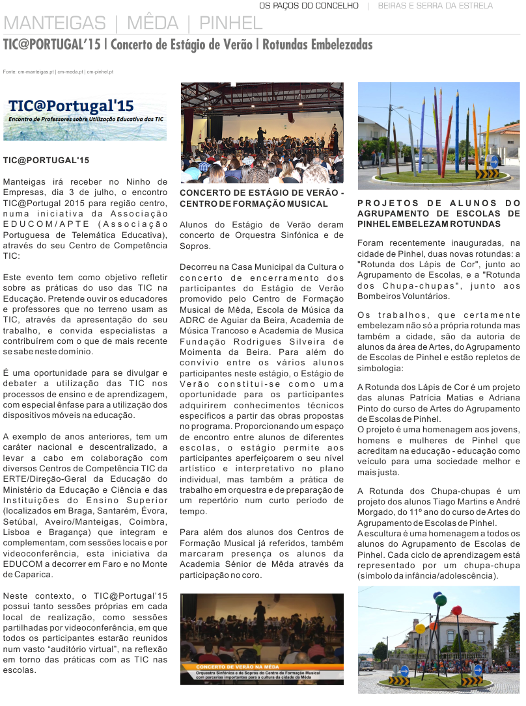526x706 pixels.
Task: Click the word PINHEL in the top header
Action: tap(231, 24)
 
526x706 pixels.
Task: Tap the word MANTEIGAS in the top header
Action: tap(55, 24)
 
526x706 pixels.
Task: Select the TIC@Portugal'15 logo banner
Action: tap(85, 118)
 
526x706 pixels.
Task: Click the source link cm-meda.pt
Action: tap(70, 72)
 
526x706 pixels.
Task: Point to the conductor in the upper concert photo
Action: tap(261, 135)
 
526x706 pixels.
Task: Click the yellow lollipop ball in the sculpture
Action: tap(421, 629)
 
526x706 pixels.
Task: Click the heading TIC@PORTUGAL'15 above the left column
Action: tap(46, 160)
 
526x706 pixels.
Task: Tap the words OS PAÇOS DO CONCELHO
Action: tap(309, 6)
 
